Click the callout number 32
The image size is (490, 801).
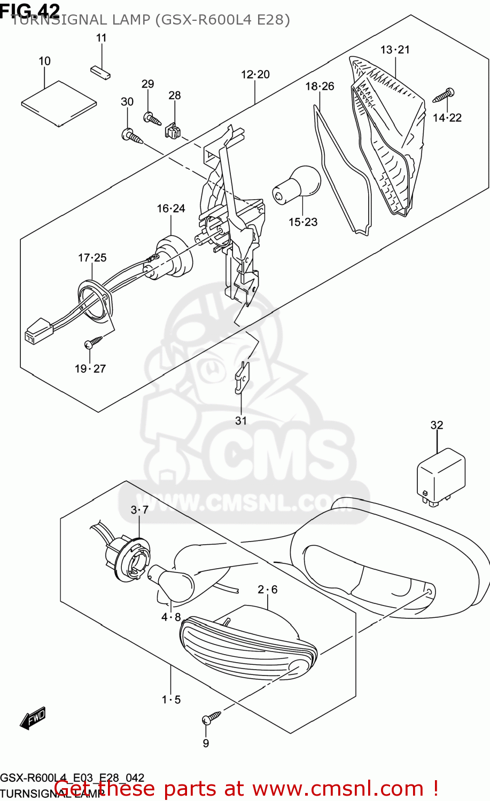pos(437,425)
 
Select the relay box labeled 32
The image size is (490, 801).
pos(441,477)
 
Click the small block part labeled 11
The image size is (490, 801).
pos(100,72)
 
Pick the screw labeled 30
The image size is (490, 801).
pos(132,137)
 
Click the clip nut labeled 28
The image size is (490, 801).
pos(173,130)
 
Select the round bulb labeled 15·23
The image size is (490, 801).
pos(297,184)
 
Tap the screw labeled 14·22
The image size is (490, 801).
pos(444,96)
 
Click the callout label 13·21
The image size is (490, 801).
pos(395,50)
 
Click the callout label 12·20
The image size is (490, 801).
pos(255,75)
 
